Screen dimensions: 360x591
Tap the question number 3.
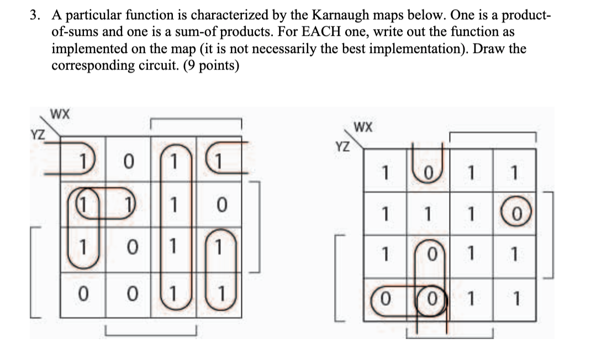(35, 15)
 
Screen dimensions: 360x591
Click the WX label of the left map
(60, 115)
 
